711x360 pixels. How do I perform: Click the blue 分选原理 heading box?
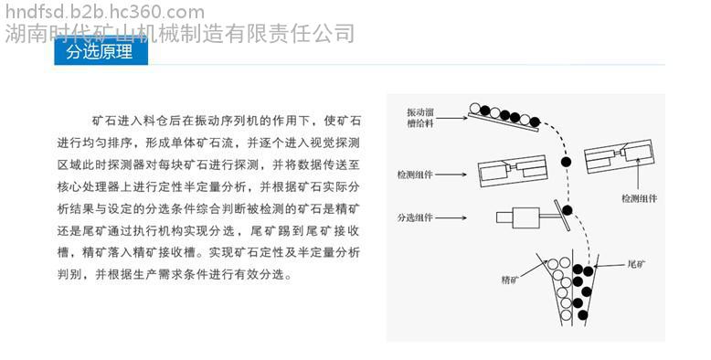101,51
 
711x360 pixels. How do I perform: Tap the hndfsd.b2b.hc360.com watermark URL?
105,12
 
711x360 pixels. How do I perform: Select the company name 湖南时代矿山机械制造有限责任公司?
179,34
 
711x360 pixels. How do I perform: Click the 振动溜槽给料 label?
420,118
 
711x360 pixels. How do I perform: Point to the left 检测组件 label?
415,175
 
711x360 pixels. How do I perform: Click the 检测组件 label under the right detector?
639,198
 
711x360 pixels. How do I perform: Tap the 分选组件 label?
415,217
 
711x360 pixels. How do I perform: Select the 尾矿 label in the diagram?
636,264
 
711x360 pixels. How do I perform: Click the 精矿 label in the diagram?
510,280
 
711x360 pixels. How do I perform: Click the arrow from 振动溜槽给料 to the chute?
451,119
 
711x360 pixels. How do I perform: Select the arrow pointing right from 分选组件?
451,217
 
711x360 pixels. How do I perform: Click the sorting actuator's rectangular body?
525,217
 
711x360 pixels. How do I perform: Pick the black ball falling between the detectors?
566,162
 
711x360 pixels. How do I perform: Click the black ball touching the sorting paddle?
568,210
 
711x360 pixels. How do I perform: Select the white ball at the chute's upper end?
474,108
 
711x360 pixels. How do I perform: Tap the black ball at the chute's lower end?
535,122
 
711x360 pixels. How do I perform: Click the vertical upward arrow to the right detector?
639,174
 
